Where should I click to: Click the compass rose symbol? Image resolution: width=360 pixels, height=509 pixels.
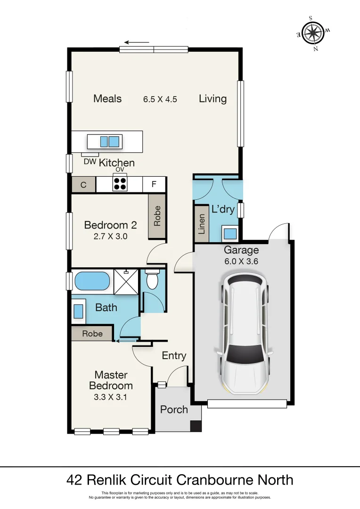(313, 33)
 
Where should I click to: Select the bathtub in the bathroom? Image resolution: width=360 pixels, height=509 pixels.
(92, 281)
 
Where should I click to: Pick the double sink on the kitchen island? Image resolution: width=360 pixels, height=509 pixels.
(109, 141)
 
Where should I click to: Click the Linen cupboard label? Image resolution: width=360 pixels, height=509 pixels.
(202, 224)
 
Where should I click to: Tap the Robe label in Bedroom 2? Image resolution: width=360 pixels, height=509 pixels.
(157, 216)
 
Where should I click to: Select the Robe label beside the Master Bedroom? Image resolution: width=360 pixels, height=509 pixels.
(92, 334)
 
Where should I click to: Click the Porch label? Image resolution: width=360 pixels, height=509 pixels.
(174, 410)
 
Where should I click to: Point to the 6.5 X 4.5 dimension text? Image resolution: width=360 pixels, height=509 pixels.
(160, 99)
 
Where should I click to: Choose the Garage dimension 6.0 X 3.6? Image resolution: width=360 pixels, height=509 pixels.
(241, 261)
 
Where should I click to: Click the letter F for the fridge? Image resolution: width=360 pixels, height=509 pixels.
(154, 184)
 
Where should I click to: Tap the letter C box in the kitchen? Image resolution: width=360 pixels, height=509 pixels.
(83, 185)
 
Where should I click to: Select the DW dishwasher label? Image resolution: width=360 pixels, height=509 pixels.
(90, 161)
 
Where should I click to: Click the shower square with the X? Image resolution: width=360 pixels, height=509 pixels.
(126, 282)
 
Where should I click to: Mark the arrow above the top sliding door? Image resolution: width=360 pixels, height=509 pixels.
(137, 42)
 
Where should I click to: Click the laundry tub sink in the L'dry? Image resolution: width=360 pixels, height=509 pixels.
(230, 233)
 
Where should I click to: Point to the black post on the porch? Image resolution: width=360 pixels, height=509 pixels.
(196, 426)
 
